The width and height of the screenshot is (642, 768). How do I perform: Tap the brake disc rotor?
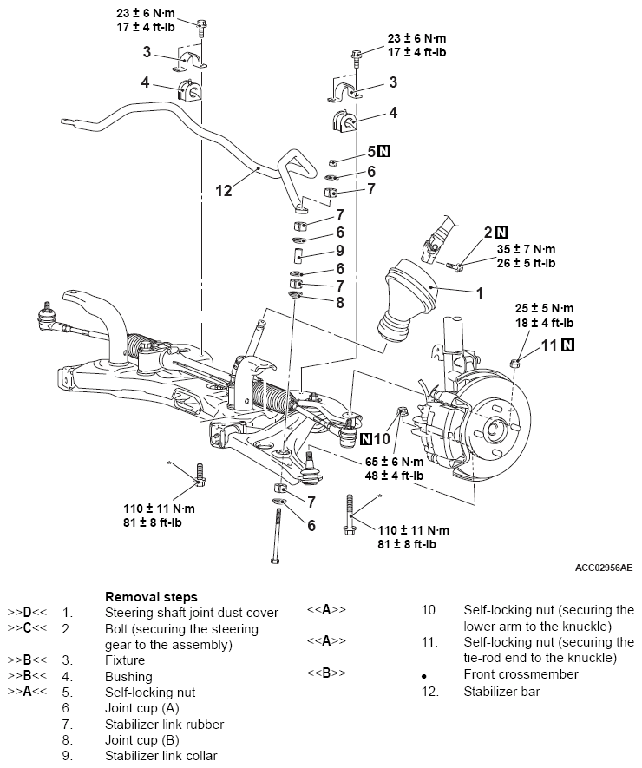495,425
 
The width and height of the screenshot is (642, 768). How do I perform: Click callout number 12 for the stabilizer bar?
224,191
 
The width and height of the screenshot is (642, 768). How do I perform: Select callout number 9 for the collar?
340,251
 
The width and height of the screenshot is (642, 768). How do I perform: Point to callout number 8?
340,302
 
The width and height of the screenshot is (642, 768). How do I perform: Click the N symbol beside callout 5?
384,151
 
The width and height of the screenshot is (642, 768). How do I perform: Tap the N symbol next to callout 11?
567,345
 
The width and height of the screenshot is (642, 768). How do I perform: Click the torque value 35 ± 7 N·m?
527,249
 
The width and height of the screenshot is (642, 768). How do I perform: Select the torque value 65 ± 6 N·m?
394,462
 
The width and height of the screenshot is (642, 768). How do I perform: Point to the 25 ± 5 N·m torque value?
544,309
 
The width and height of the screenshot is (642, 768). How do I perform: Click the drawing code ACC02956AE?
604,568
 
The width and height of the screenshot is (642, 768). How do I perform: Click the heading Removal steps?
151,596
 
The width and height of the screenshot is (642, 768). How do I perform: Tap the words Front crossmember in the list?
521,674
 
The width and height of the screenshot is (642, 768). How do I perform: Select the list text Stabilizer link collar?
161,755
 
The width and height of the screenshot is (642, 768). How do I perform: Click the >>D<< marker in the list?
28,613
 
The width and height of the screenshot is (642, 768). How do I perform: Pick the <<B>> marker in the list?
326,673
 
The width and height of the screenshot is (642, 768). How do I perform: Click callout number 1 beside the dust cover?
480,293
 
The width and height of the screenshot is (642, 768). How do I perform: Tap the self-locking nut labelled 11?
514,363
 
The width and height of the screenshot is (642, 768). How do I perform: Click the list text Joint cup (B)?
142,739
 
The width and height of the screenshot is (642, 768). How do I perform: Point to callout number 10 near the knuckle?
382,439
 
